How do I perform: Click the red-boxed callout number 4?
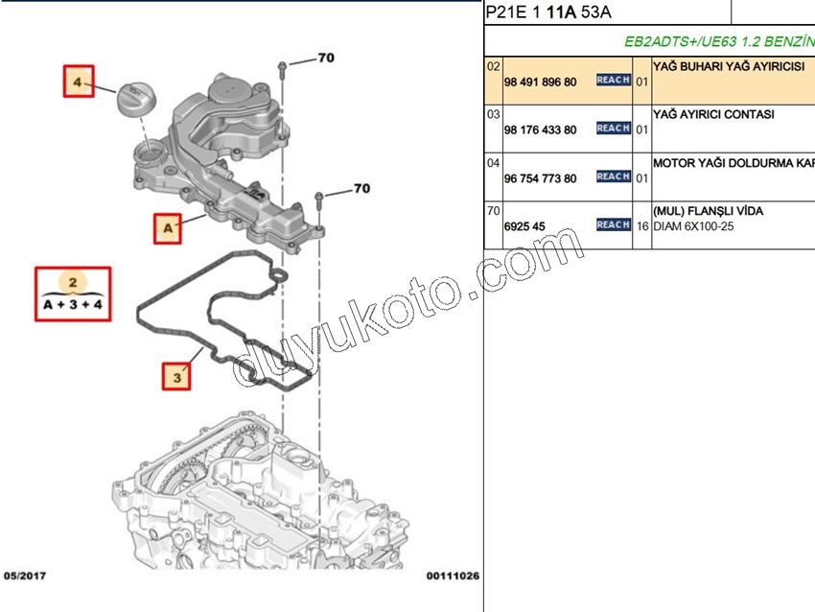coord(78,82)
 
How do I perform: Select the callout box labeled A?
coord(167,228)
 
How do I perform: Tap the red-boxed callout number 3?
coord(175,377)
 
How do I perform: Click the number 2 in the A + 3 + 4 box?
coord(73,282)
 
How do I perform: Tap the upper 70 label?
coord(326,59)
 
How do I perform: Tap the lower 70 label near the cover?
coord(361,189)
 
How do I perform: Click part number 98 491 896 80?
coord(540,82)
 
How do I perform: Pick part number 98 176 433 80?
coord(540,130)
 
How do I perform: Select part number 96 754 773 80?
coord(540,178)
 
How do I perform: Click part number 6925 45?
coord(524,226)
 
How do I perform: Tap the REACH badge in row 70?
coord(614,224)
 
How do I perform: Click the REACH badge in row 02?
coord(614,81)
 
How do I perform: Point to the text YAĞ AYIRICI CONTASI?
coord(712,114)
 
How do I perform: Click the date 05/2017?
coord(25,576)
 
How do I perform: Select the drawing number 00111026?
coord(453,576)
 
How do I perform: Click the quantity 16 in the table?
coord(642,226)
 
